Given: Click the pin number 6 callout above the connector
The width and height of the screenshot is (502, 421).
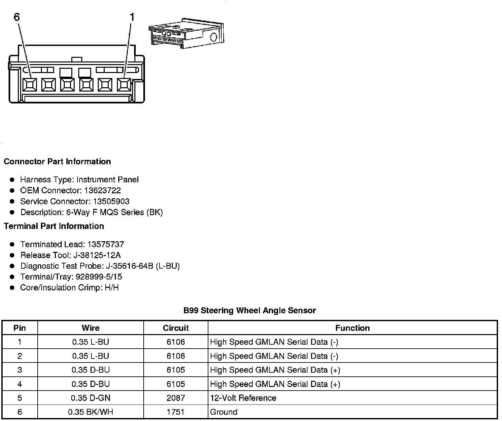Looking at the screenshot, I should pos(17,17).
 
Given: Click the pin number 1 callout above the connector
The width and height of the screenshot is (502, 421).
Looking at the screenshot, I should pos(132,17).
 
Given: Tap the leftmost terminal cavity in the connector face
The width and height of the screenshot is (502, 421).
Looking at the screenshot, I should pos(30,85).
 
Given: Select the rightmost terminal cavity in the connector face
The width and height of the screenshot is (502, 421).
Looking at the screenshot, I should pos(124,85).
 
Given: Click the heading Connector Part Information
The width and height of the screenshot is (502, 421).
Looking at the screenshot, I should pos(57,162).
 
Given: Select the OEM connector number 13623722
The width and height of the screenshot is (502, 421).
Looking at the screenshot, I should pos(102,190).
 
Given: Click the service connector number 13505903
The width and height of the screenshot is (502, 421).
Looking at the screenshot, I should pos(111,201).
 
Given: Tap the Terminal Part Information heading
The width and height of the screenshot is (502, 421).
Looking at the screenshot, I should pos(54,226).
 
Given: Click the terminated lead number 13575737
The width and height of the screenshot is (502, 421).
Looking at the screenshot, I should pos(106,244).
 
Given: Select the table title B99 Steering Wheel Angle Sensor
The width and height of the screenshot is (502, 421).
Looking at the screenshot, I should pos(250,311).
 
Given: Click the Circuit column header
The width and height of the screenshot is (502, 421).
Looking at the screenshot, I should pos(176,328).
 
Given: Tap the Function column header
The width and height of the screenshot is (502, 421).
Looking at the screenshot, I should pos(352,328).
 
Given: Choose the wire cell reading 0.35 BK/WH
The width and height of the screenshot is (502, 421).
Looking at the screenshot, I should pos(90,412).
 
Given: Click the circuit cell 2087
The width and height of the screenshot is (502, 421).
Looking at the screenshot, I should pos(176,398).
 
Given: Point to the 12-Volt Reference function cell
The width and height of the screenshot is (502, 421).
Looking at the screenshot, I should pos(243,398).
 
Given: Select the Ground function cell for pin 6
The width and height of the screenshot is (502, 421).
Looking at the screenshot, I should pos(224,412).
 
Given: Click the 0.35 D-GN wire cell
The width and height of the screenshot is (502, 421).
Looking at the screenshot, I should pos(90,398).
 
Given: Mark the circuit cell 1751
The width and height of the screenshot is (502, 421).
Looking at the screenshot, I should pos(176,412).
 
